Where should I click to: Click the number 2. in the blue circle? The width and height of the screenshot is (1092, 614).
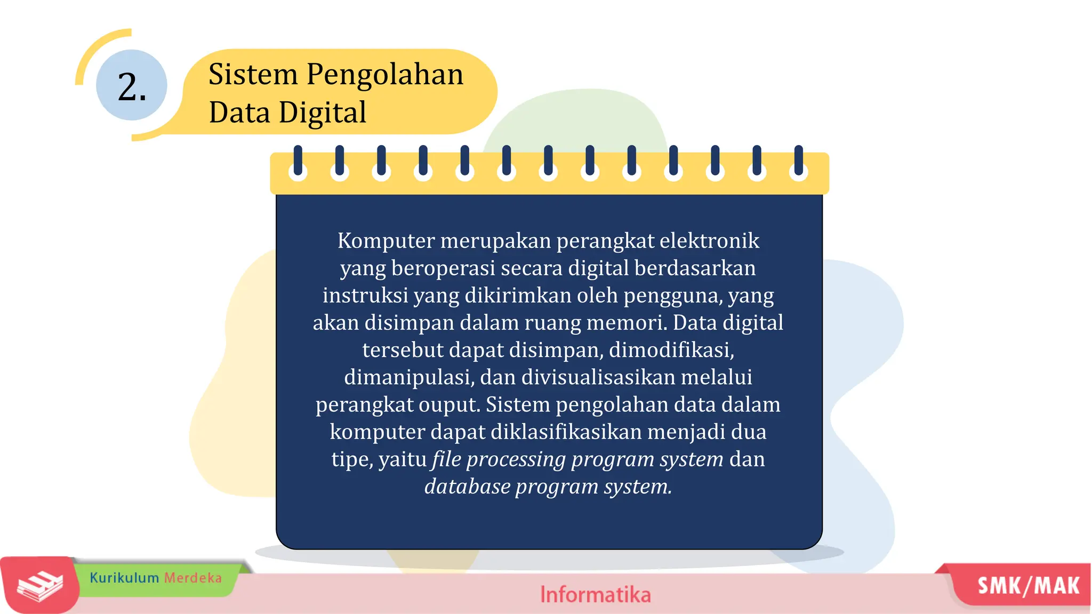click(x=131, y=86)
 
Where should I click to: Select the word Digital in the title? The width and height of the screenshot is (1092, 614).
click(x=323, y=112)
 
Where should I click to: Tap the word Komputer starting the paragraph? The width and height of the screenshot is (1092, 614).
click(x=386, y=241)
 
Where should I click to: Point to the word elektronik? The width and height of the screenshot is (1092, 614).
click(x=709, y=241)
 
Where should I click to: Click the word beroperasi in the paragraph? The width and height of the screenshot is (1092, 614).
click(x=443, y=268)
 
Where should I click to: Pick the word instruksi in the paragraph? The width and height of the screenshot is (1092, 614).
click(x=365, y=295)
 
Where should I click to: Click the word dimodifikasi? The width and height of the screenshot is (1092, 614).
click(x=671, y=350)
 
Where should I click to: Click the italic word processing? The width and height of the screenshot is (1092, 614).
click(x=516, y=459)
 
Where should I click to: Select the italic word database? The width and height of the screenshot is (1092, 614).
click(x=467, y=487)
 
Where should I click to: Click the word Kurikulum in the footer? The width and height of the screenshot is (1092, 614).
click(x=124, y=578)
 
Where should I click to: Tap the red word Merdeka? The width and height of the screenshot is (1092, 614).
click(x=192, y=578)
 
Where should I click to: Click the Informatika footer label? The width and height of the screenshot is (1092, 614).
click(x=595, y=595)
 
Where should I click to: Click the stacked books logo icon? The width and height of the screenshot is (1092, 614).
click(x=40, y=586)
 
